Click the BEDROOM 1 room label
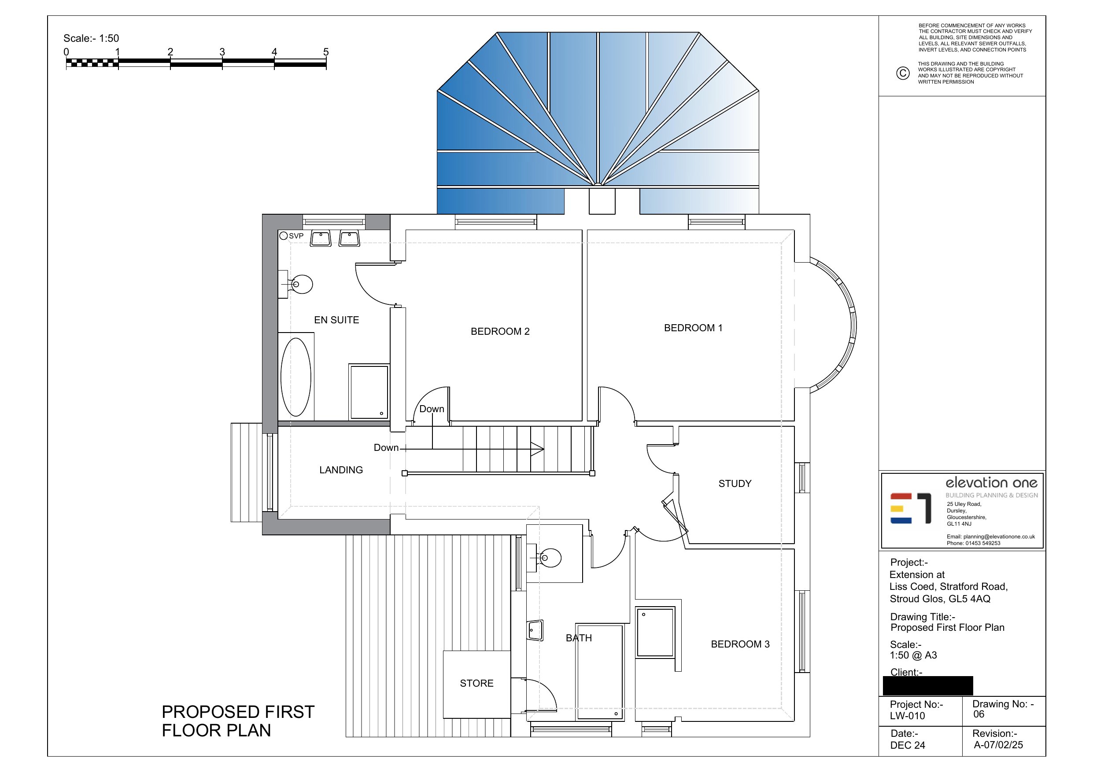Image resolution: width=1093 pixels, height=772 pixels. (693, 328)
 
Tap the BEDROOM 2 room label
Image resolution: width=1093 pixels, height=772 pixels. (500, 332)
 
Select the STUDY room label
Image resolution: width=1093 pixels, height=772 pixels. (735, 484)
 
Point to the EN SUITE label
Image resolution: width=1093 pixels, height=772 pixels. (336, 320)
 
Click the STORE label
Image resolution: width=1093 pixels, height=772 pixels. (476, 684)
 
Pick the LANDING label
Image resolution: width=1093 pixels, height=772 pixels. (341, 470)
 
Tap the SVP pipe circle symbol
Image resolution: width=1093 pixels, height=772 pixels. (283, 235)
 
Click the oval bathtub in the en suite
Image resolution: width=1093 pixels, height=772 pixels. (295, 377)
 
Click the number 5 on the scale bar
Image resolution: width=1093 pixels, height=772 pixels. (326, 52)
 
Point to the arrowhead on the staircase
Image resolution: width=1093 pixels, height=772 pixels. (537, 449)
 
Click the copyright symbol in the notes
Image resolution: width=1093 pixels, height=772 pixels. (903, 73)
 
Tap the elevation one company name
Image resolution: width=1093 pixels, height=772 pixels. (991, 483)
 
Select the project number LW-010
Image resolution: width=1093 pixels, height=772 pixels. (907, 716)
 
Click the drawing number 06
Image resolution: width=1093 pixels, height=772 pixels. (979, 714)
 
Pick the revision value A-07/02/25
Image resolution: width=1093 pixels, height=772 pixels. (998, 745)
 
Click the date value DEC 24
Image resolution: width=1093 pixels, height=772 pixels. (907, 745)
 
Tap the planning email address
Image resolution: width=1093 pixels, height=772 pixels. (991, 537)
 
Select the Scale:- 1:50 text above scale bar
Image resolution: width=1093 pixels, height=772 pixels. (92, 39)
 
